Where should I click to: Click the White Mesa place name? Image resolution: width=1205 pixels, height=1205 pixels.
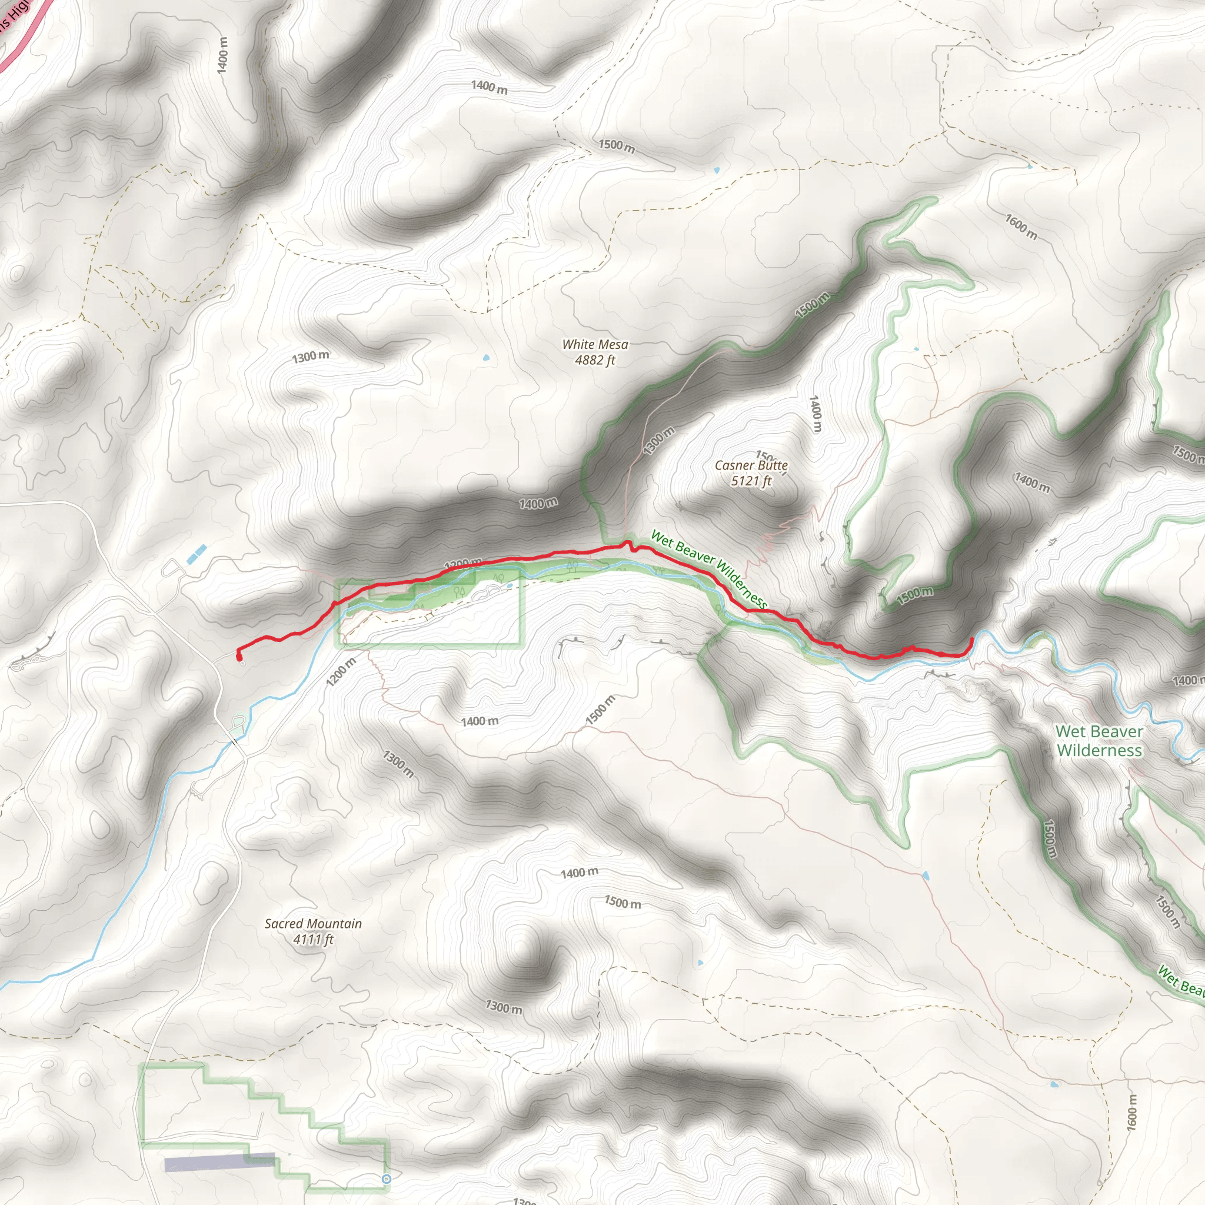click(x=595, y=344)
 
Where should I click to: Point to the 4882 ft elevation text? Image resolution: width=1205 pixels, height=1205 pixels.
click(x=595, y=360)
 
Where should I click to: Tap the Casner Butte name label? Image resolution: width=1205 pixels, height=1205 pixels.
click(x=751, y=465)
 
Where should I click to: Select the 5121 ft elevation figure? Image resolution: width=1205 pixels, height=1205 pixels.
click(x=751, y=481)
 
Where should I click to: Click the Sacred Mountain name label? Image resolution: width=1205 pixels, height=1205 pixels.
click(x=313, y=924)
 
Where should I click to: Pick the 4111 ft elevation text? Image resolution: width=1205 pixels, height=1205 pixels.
click(x=313, y=939)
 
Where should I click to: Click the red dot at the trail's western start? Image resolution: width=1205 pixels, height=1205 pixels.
click(x=239, y=655)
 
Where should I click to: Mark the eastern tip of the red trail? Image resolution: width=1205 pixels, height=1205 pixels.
click(x=972, y=640)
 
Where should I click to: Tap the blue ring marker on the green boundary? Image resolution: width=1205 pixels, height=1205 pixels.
click(x=386, y=1179)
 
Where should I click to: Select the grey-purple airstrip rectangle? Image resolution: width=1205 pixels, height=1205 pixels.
click(x=219, y=1163)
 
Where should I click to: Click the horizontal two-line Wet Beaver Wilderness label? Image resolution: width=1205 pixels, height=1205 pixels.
click(x=1099, y=740)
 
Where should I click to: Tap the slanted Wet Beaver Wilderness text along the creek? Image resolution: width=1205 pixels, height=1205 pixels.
click(x=708, y=568)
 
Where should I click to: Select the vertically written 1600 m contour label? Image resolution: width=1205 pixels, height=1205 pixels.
click(x=1132, y=1111)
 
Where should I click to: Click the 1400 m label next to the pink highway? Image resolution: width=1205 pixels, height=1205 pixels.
click(x=222, y=55)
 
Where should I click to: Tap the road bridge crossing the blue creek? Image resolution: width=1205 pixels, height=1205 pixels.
click(x=235, y=741)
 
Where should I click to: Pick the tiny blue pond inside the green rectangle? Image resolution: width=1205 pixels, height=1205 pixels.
click(x=510, y=585)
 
